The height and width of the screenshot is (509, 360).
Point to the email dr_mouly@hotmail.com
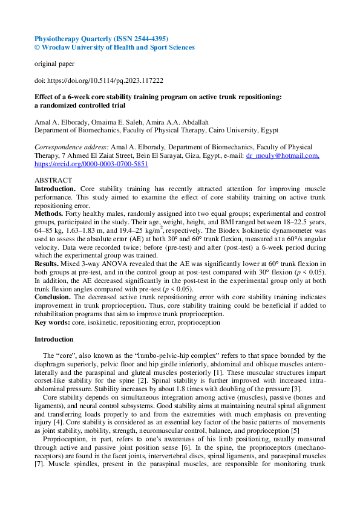282,155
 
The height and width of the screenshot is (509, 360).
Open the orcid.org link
91,163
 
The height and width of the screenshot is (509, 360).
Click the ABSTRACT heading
53,180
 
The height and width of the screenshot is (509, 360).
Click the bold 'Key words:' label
51,323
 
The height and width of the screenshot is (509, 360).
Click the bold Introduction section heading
54,339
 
